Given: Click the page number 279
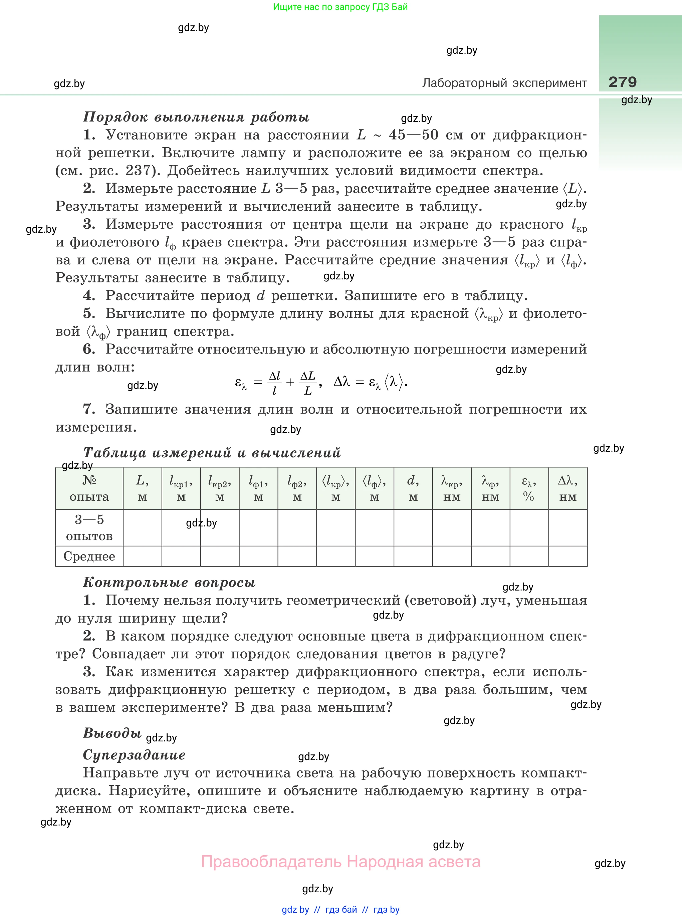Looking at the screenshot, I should coord(622,82).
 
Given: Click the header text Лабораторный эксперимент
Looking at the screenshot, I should coord(504,83).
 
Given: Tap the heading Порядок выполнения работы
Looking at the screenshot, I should coord(196,117).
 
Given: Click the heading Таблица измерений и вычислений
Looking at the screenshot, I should coord(212,452).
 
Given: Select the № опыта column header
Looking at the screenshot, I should coord(89,488).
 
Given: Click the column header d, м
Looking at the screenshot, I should coord(413,488).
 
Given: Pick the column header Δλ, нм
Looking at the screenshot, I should coord(567,488).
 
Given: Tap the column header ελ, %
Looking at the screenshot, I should coord(529,488).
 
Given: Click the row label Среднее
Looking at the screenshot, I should coord(89,556).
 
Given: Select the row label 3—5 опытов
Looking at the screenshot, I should coord(89,527).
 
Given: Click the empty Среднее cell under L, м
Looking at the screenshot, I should coord(143,556).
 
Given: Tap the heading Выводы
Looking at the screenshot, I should coord(112,733).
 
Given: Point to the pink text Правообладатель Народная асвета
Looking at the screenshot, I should coord(340,862).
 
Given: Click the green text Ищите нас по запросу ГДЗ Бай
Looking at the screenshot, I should coord(340,7).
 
